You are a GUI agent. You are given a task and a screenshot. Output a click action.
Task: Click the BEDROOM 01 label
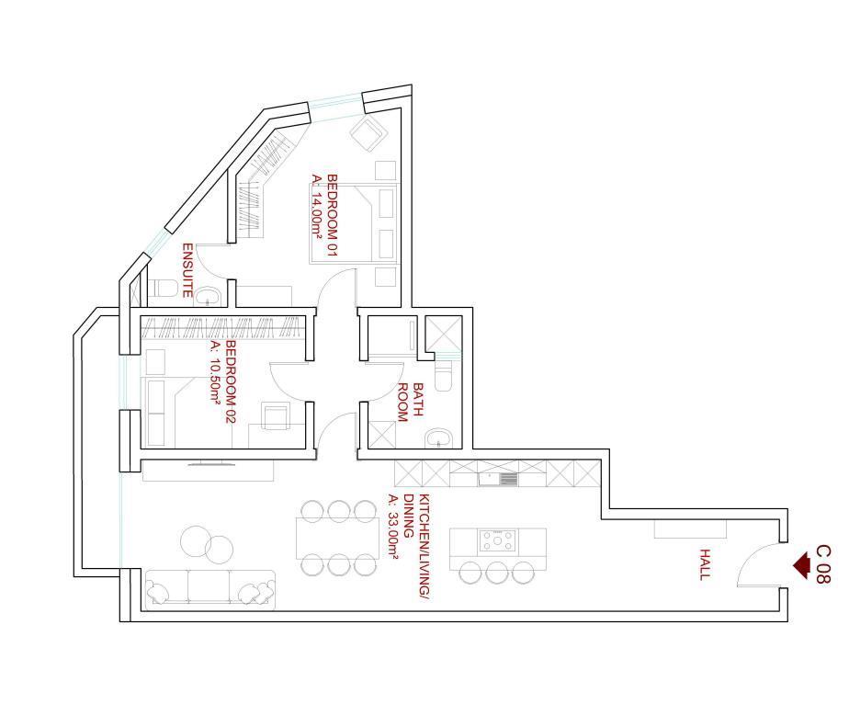[333, 215]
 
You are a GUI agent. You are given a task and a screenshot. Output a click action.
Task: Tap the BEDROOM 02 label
[231, 382]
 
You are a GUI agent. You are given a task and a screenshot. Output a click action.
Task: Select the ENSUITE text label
[187, 270]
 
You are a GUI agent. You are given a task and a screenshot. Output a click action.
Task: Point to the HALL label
[705, 564]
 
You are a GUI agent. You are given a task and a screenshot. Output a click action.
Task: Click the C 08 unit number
[822, 564]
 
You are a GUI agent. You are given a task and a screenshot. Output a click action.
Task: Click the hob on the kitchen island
[498, 540]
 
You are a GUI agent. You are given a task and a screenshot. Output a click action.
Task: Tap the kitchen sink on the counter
[498, 479]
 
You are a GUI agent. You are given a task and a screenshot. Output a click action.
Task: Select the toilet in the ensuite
[163, 289]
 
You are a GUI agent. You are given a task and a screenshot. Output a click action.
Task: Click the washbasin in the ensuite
[208, 296]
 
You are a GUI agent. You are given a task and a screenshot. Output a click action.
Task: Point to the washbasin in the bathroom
[439, 437]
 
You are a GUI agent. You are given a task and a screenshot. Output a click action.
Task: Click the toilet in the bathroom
[444, 376]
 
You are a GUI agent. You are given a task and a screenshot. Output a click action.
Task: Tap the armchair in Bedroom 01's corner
[369, 133]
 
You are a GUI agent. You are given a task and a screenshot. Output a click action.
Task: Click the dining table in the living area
[338, 538]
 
